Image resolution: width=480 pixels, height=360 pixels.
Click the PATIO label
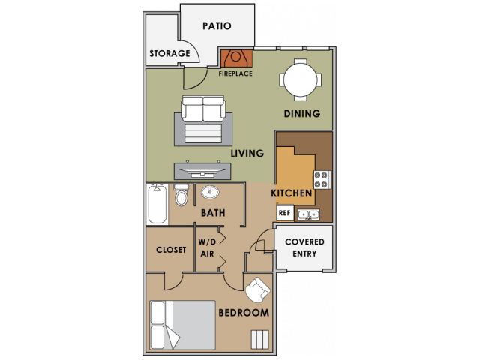(217, 25)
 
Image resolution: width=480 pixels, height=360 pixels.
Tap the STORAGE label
(169, 54)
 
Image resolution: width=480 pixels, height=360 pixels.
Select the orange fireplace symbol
(235, 58)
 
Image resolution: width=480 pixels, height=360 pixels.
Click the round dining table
(301, 79)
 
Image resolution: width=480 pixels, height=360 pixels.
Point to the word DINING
(302, 114)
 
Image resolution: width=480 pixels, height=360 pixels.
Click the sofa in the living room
(203, 109)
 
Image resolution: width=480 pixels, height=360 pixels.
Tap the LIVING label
(247, 154)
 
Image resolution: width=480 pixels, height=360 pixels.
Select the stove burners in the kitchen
(321, 180)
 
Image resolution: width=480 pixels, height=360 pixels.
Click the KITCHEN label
(292, 193)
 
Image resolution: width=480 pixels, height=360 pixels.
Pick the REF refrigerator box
(284, 213)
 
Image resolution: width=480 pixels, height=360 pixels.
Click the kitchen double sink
(308, 215)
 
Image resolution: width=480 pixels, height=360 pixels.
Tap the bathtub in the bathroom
(157, 204)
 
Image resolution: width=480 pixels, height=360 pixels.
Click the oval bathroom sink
(208, 192)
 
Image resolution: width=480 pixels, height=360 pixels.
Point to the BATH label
(213, 213)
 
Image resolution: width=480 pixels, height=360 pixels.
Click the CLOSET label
(171, 250)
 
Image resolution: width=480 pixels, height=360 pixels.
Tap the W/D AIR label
(207, 248)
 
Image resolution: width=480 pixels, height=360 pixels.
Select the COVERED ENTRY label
(305, 247)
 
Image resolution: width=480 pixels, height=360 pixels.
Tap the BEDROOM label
(243, 313)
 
